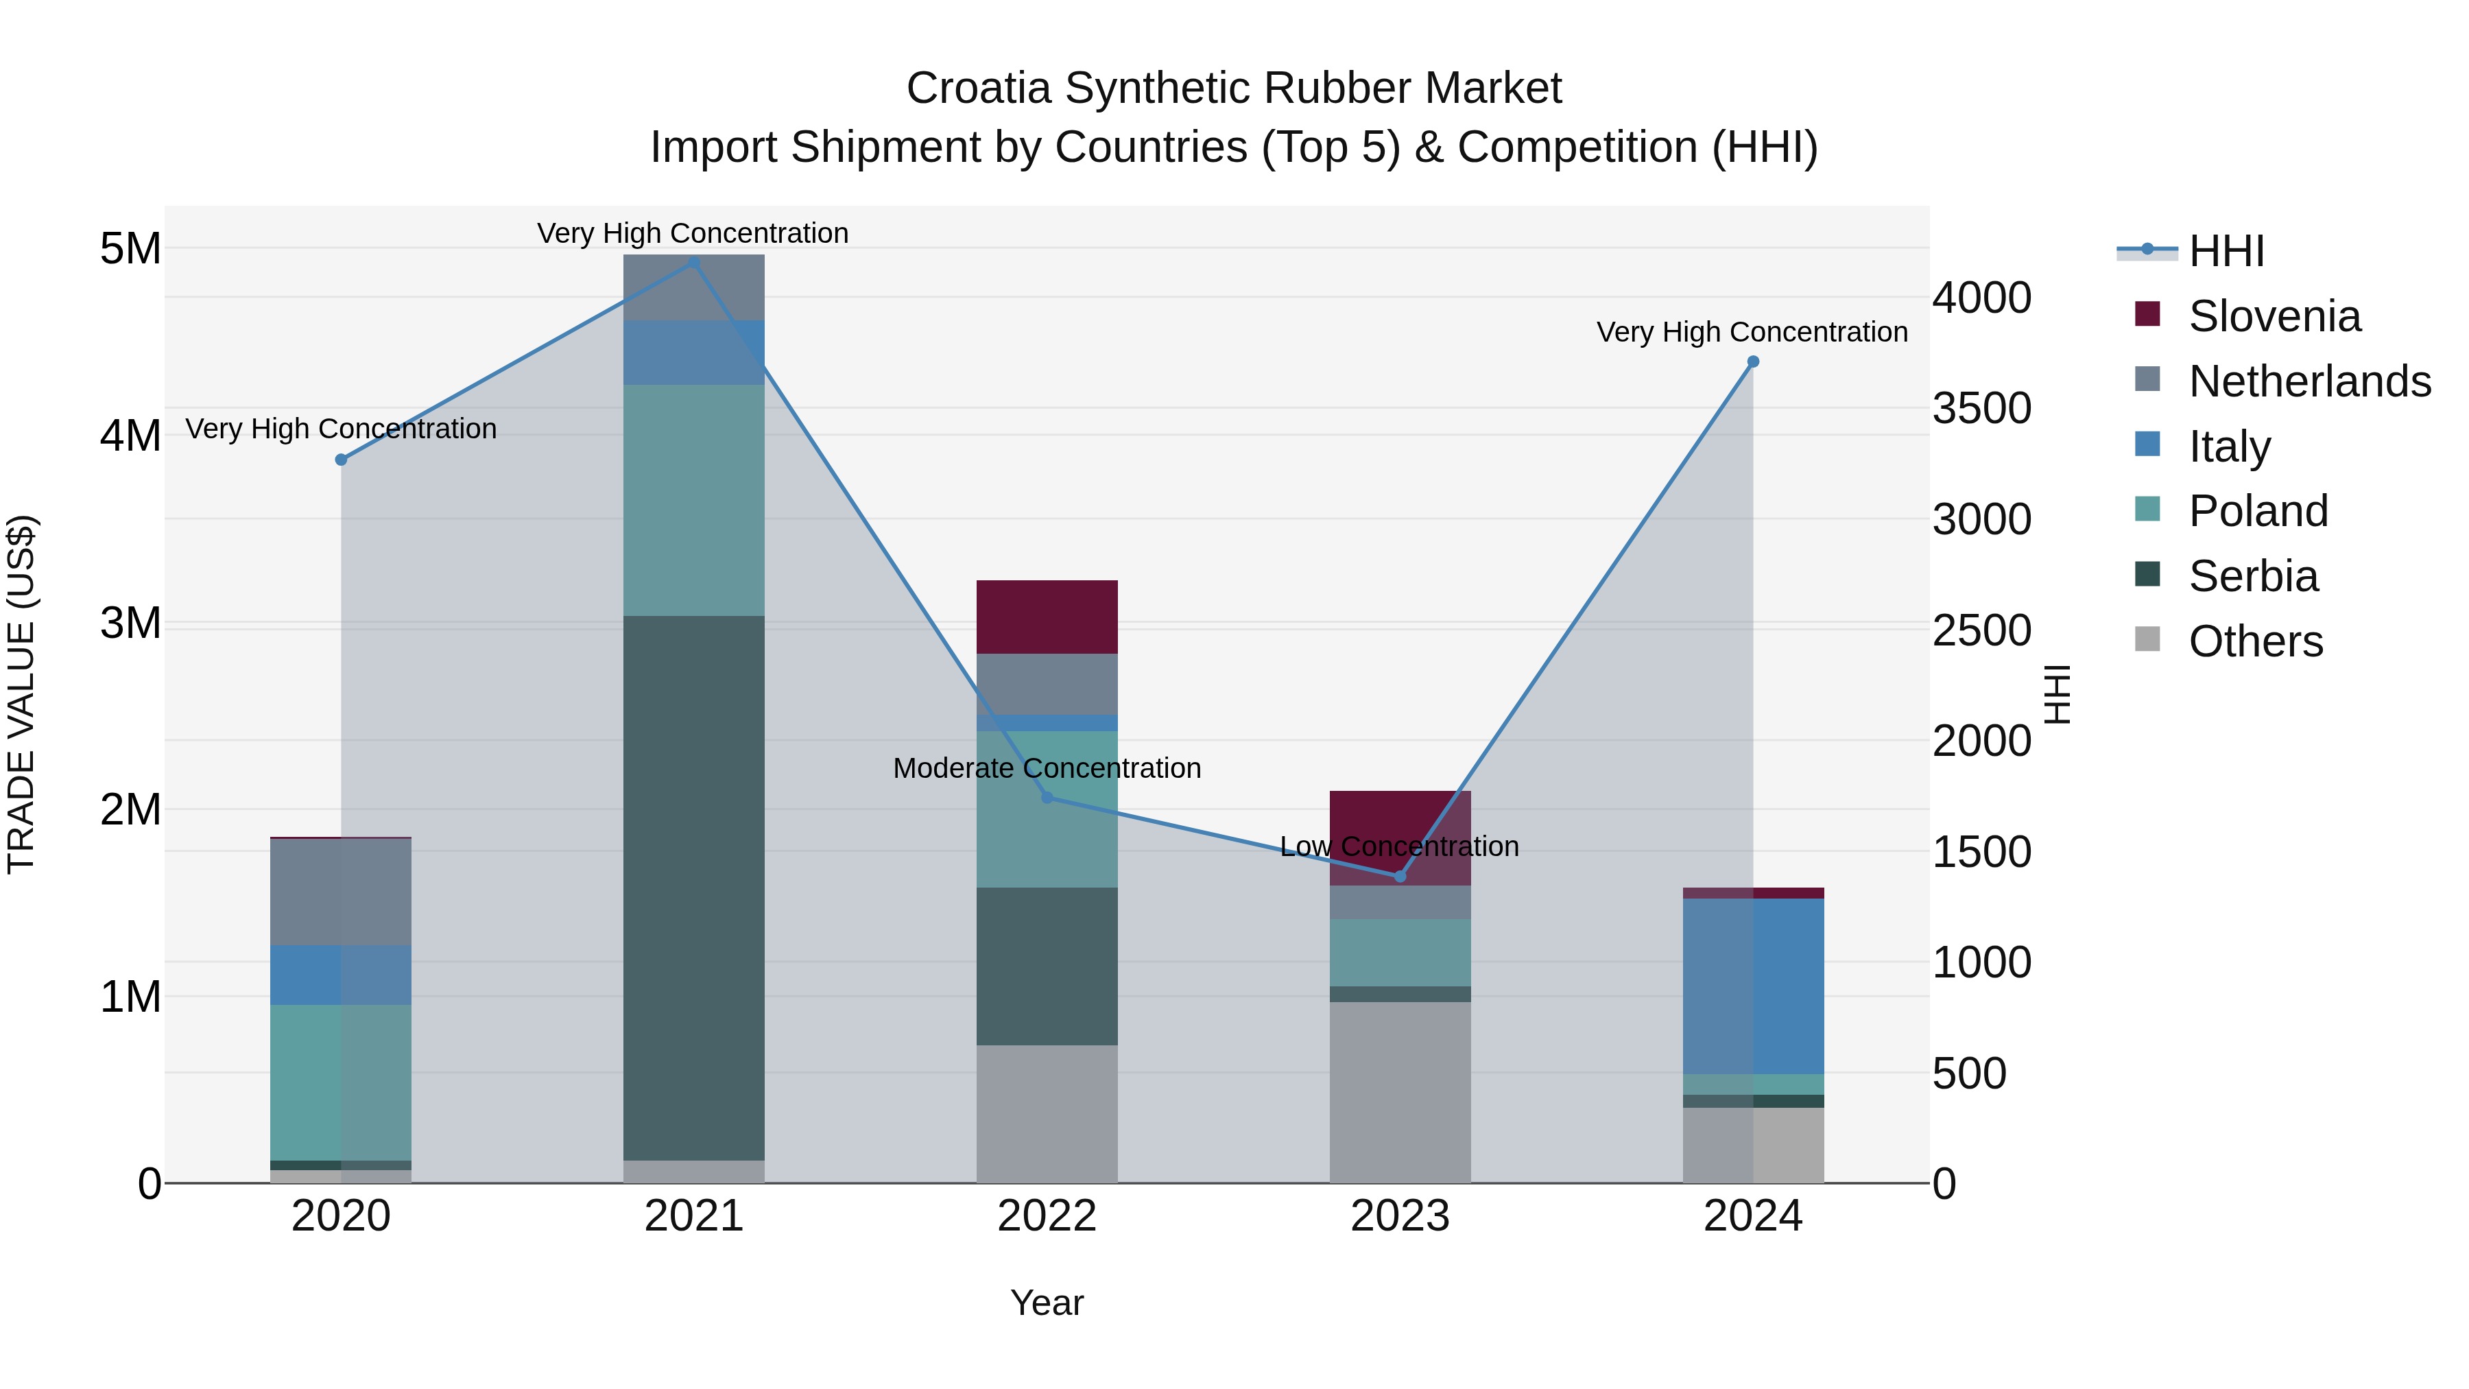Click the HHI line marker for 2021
694,263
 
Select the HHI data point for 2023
1399,876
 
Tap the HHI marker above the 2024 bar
1753,362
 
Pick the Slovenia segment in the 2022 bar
1047,617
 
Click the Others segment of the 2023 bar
1399,1092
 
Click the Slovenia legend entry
2274,316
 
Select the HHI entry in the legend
2226,251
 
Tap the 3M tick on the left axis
130,623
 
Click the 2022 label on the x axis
1047,1216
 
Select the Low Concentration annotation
1399,847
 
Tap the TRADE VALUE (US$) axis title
21,694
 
